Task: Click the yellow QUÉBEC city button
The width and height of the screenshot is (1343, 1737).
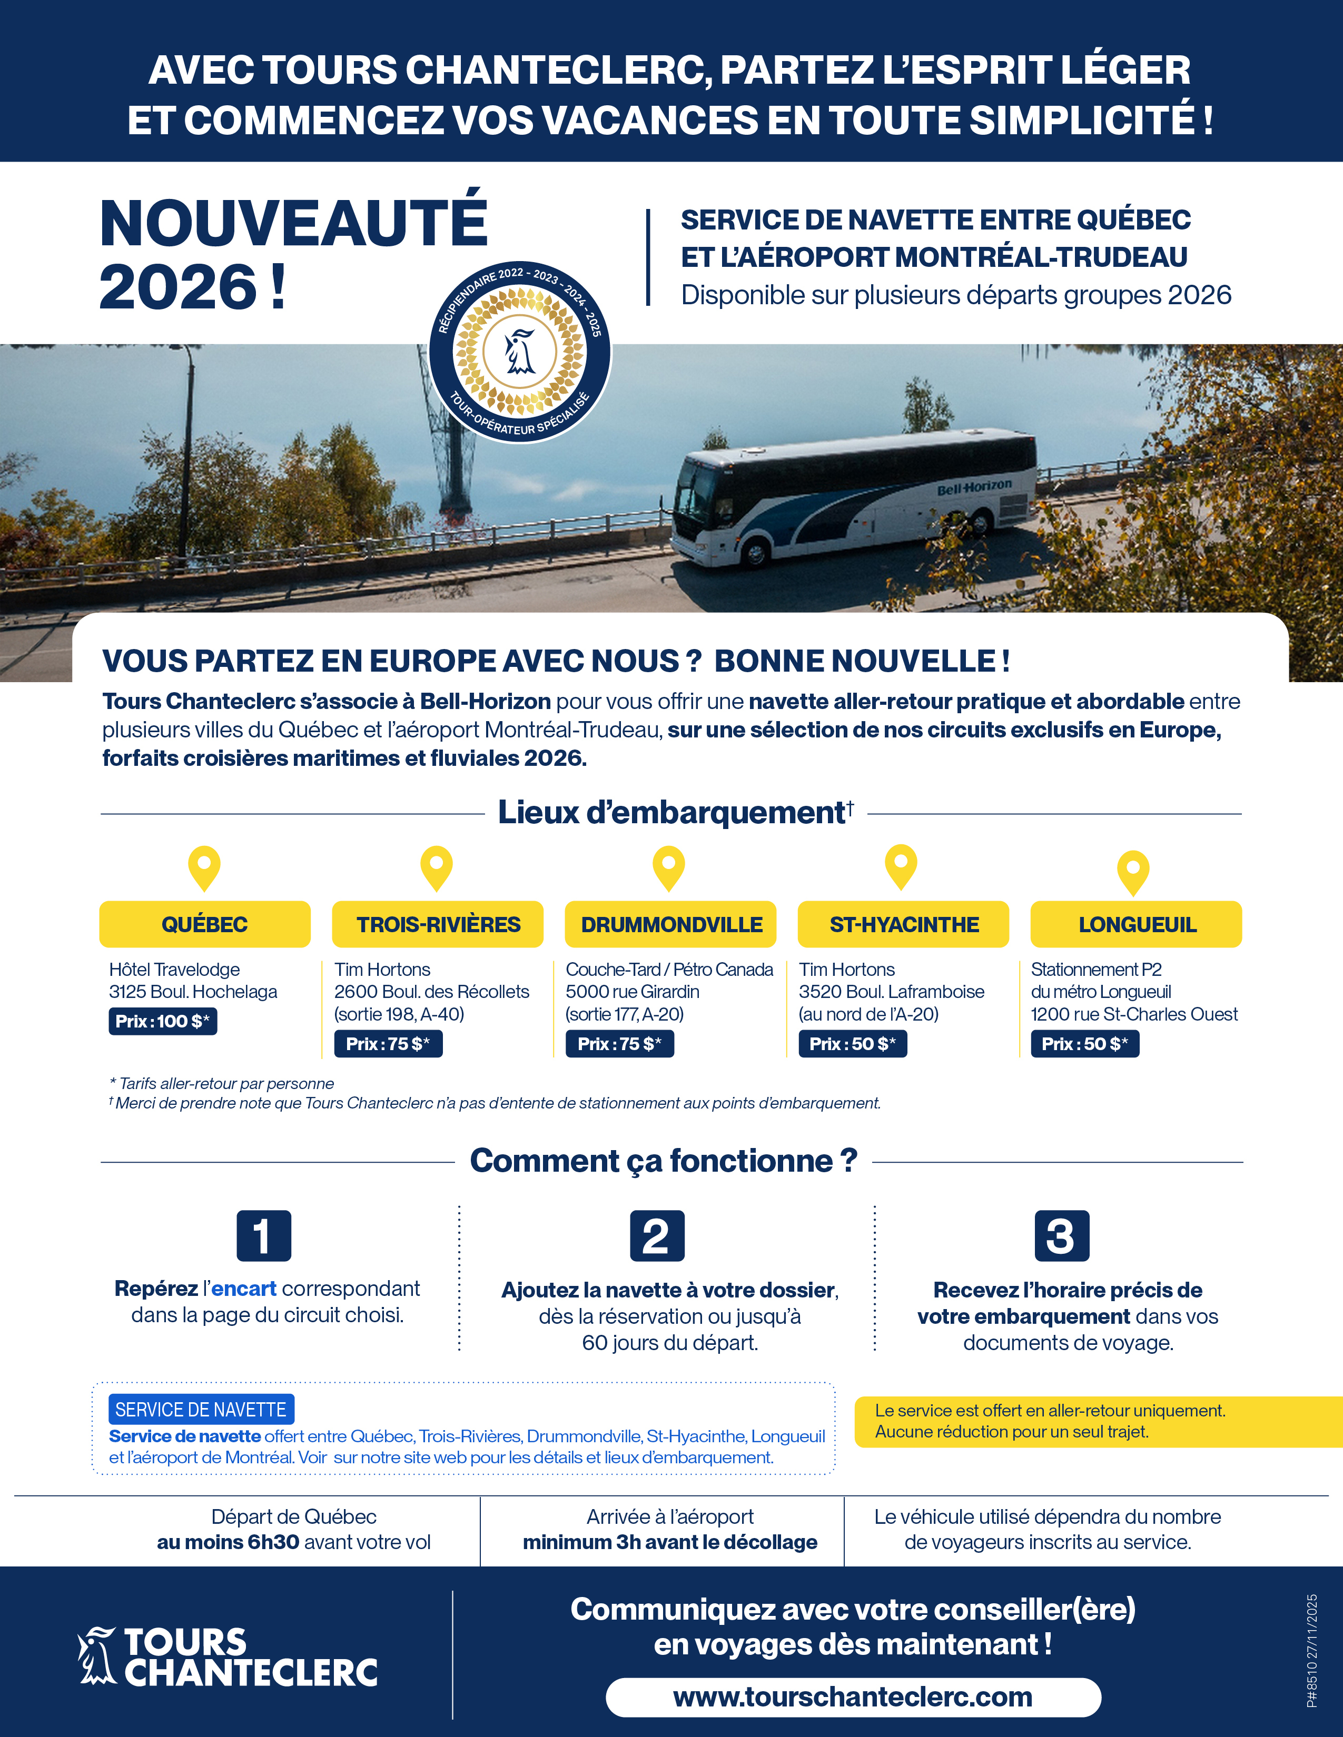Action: (x=204, y=924)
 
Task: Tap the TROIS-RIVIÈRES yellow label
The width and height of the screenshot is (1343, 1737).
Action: (x=438, y=924)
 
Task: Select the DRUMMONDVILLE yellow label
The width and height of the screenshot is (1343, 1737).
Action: (x=670, y=924)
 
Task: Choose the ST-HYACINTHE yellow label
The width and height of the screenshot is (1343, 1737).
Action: (x=903, y=924)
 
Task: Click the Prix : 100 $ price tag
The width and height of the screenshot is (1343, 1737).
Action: (x=162, y=1021)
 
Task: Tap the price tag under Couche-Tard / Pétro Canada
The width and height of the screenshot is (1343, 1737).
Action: (x=619, y=1043)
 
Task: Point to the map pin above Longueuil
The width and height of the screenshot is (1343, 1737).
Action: (x=1133, y=872)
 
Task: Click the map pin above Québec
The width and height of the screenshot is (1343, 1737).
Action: (x=204, y=867)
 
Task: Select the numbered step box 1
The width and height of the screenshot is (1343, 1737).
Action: (x=263, y=1236)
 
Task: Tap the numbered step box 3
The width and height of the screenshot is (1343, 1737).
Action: (x=1061, y=1236)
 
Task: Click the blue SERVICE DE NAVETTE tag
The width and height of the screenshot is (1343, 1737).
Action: (x=201, y=1409)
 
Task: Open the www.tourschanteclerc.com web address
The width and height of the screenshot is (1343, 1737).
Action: (x=853, y=1696)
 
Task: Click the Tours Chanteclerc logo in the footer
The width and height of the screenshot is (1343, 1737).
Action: (x=228, y=1656)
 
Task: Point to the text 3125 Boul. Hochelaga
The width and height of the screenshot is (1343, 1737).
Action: (x=193, y=992)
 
